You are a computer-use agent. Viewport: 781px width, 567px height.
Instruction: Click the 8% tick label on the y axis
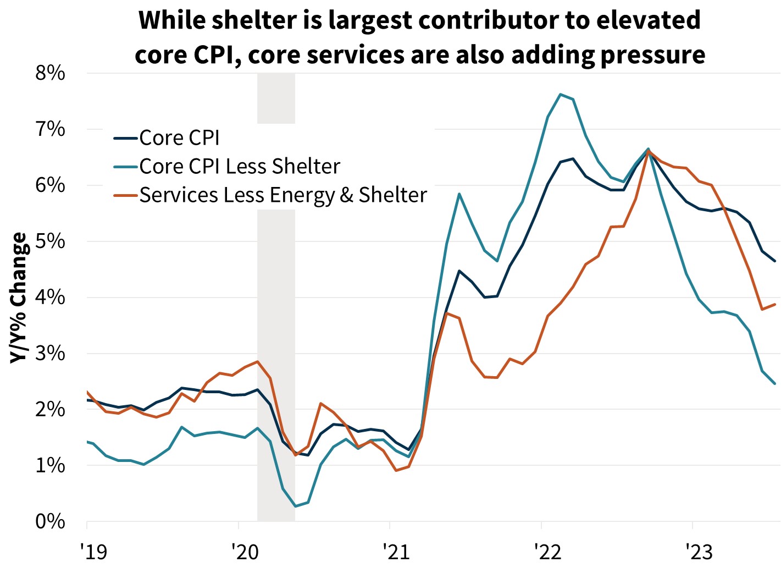pos(50,74)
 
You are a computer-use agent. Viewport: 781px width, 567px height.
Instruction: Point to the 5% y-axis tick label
pos(50,242)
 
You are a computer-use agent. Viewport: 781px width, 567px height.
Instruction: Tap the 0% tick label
pos(50,521)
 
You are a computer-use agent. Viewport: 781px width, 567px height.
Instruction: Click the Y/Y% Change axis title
pos(19,298)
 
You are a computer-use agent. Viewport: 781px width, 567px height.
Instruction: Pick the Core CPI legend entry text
pos(179,138)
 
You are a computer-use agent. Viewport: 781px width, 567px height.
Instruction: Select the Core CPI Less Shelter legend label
pos(240,167)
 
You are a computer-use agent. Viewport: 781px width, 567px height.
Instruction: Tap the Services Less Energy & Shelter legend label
pos(283,195)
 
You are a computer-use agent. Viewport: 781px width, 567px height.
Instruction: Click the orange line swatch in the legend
pos(125,195)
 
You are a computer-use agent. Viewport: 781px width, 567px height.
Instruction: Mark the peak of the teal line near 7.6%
pos(561,94)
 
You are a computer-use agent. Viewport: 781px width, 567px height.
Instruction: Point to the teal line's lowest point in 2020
pos(295,506)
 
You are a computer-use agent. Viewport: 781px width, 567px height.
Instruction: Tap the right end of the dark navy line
pos(775,261)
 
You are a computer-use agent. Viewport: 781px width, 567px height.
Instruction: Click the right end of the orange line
pos(775,304)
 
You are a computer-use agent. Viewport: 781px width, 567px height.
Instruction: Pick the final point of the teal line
pos(775,384)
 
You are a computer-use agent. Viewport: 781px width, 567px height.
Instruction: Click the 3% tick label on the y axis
pos(50,354)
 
